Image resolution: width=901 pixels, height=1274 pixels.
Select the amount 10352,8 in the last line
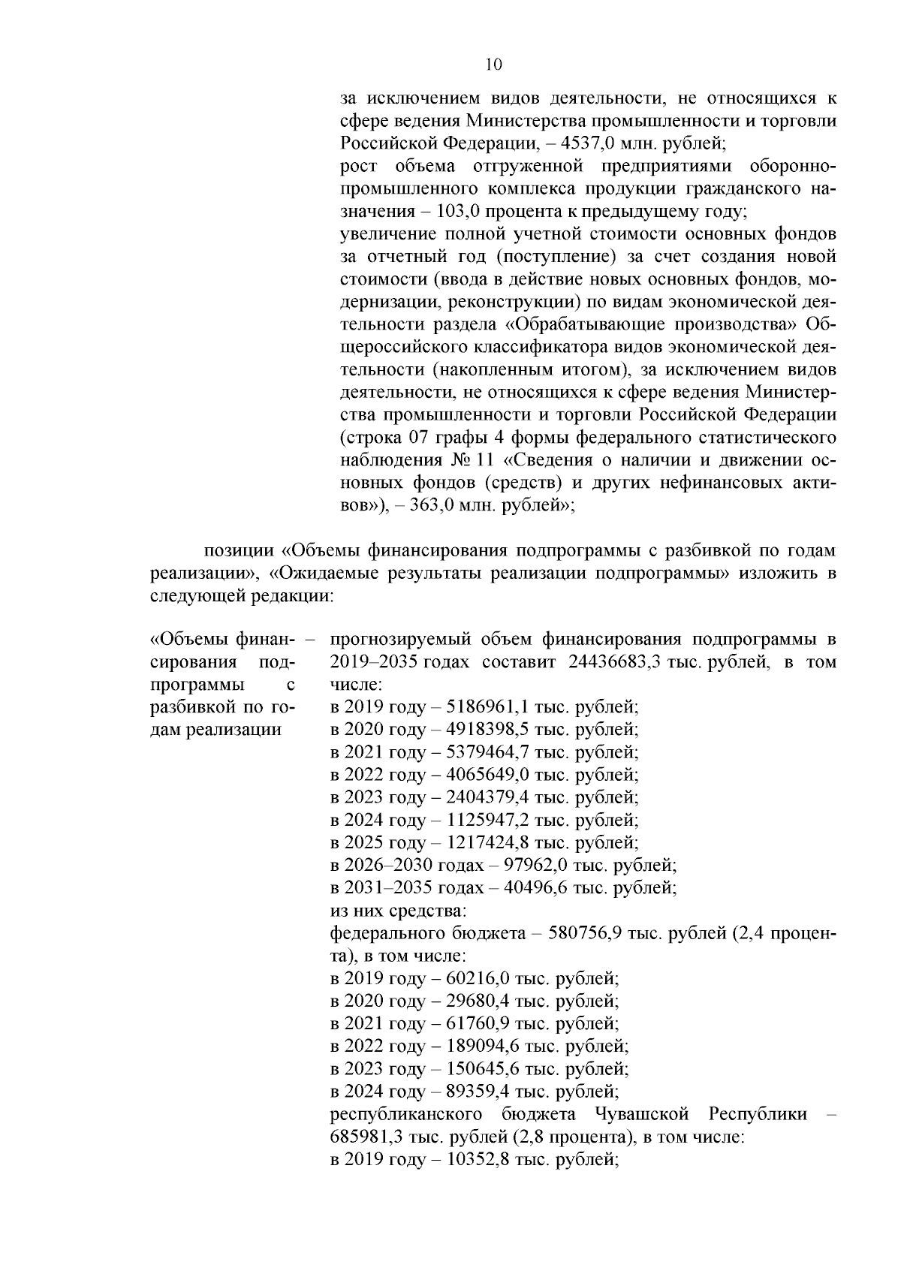pyautogui.click(x=478, y=1159)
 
